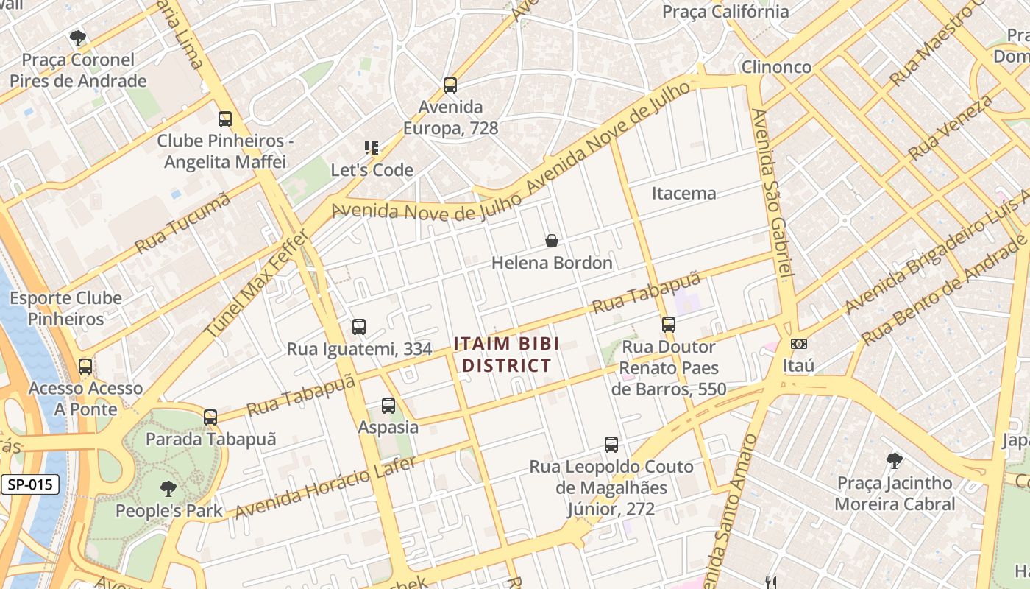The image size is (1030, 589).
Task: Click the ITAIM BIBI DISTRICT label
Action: [x=506, y=354]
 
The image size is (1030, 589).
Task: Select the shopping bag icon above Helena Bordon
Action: [x=552, y=241]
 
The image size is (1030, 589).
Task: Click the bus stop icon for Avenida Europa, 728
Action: [x=450, y=85]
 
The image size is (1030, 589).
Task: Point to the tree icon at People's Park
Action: [x=168, y=488]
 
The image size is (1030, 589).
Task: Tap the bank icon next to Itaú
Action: [x=798, y=344]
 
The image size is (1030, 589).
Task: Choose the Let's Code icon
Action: [x=372, y=148]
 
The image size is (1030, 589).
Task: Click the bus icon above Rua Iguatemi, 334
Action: [x=359, y=327]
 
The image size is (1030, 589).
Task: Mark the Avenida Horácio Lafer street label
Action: [x=325, y=487]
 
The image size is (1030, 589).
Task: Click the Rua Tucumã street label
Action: [x=183, y=223]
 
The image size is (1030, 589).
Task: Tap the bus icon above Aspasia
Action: [x=388, y=405]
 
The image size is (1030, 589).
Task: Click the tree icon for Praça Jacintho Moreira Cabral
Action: [x=895, y=462]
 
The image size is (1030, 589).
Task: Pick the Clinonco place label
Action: [x=776, y=67]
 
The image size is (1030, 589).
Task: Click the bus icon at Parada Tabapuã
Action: [x=210, y=417]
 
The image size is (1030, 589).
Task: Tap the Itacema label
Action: [x=683, y=194]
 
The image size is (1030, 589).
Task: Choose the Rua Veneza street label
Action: [x=951, y=127]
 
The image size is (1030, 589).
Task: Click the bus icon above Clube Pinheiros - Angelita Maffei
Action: [x=225, y=119]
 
